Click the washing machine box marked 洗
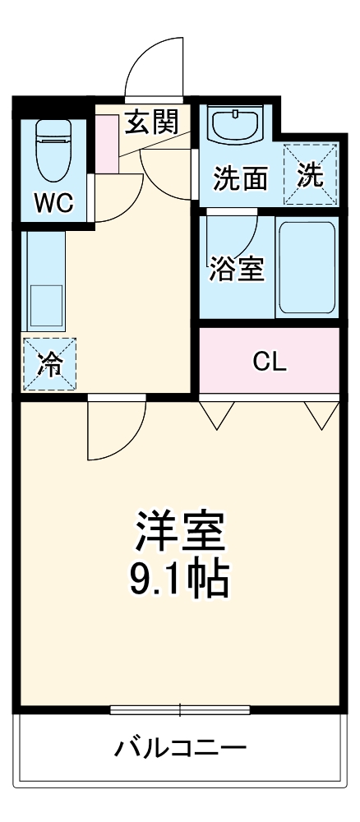pyautogui.click(x=311, y=175)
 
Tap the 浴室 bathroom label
pyautogui.click(x=236, y=270)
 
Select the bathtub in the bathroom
pyautogui.click(x=307, y=267)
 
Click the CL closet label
pyautogui.click(x=270, y=363)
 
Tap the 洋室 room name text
pyautogui.click(x=178, y=533)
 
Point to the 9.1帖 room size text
pyautogui.click(x=178, y=580)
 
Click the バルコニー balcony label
pyautogui.click(x=179, y=747)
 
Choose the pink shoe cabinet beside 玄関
pyautogui.click(x=108, y=143)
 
